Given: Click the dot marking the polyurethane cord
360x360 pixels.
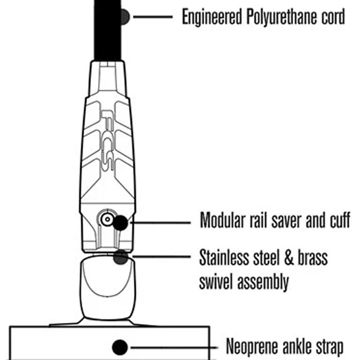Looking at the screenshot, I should [x=125, y=17].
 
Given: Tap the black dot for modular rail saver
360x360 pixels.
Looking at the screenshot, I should [x=120, y=223].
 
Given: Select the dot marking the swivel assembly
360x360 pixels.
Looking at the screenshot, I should [x=121, y=257].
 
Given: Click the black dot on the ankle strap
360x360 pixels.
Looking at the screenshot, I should [x=120, y=347].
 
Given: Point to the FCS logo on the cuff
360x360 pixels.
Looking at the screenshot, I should [x=108, y=140].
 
